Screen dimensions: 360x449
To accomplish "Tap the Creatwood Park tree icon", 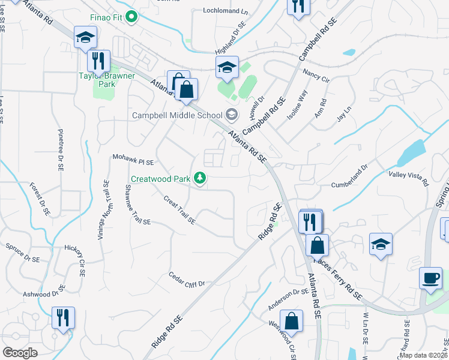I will [x=200, y=178].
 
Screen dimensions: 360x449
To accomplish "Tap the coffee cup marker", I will [x=430, y=278].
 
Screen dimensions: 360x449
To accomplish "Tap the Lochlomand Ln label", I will [x=225, y=11].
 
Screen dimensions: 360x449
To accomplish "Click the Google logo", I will [x=20, y=353].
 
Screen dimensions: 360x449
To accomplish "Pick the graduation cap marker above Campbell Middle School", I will [x=228, y=67].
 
